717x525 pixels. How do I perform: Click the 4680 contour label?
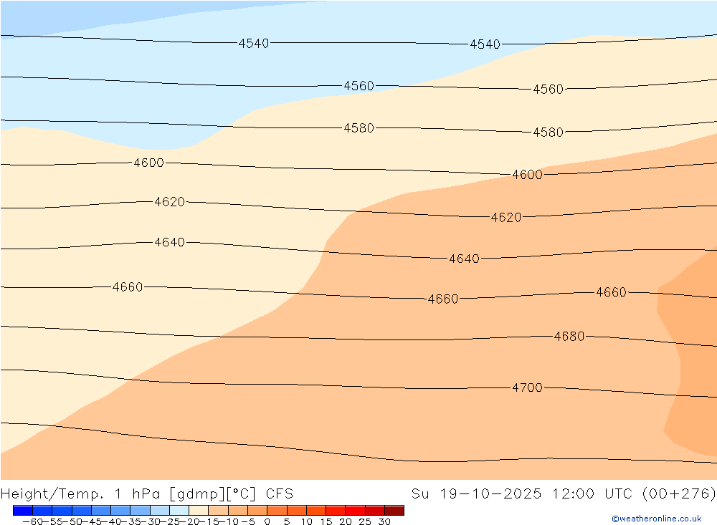pyautogui.click(x=569, y=336)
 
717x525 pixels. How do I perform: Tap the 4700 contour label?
pyautogui.click(x=527, y=387)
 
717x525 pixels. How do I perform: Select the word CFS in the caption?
pyautogui.click(x=279, y=493)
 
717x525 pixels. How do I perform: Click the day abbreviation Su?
pyautogui.click(x=420, y=493)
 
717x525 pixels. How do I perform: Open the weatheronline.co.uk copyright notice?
pyautogui.click(x=656, y=519)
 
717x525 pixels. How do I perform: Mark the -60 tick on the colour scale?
pyautogui.click(x=32, y=522)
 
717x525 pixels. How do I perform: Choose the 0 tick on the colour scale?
pyautogui.click(x=267, y=522)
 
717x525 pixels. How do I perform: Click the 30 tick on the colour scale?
pyautogui.click(x=384, y=522)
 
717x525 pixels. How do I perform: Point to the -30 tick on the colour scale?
pyautogui.click(x=149, y=522)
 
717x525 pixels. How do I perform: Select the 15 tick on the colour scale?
pyautogui.click(x=326, y=522)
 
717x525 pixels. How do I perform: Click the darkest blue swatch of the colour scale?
pyautogui.click(x=22, y=511)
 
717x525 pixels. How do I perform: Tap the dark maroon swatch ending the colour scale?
pyautogui.click(x=394, y=511)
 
